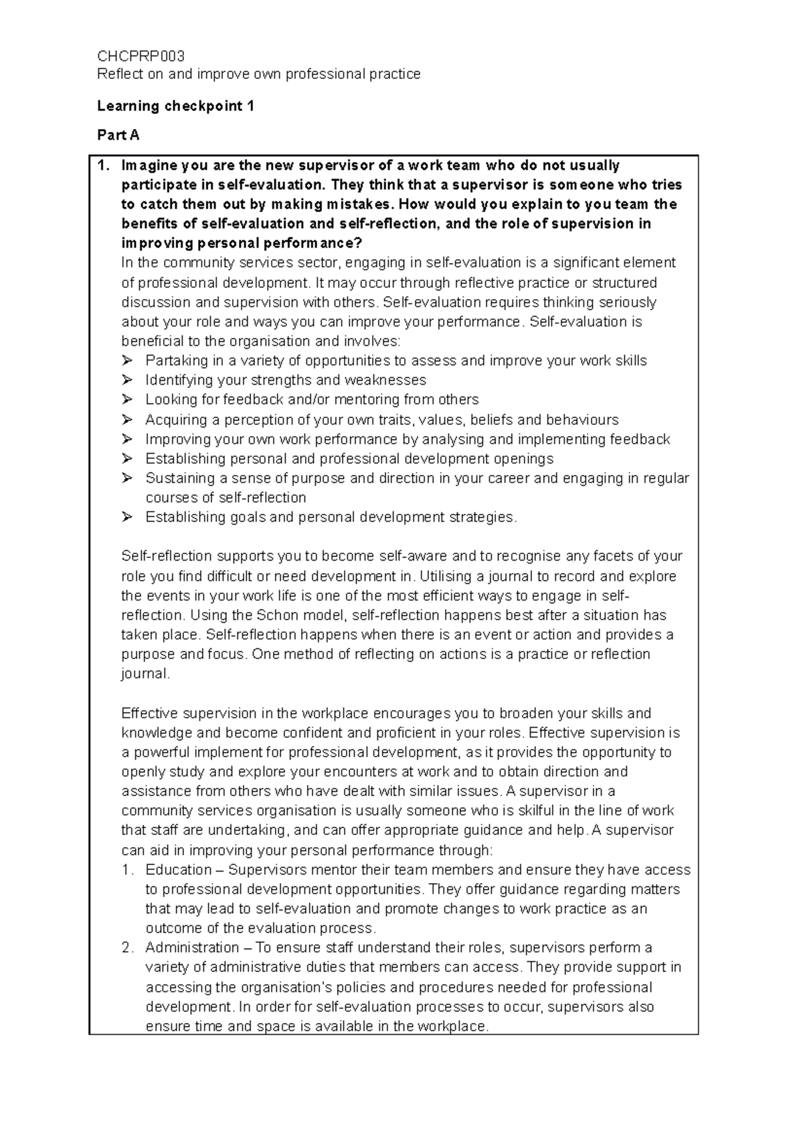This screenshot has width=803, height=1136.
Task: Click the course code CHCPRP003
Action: [x=141, y=56]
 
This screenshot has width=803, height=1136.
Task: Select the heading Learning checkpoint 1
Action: [x=175, y=106]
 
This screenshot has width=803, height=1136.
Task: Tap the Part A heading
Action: [x=118, y=135]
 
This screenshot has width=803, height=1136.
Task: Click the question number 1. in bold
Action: [x=102, y=165]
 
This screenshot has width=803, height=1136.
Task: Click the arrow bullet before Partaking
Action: [x=127, y=361]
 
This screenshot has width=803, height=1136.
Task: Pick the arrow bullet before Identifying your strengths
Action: [x=127, y=380]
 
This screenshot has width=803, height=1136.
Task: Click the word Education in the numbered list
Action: [x=179, y=870]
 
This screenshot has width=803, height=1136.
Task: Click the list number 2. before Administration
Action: [x=128, y=947]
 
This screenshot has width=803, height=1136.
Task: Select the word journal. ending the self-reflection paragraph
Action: [x=146, y=674]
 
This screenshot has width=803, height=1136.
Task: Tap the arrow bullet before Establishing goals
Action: [x=127, y=517]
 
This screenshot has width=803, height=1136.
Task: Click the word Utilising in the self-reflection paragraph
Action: [x=448, y=576]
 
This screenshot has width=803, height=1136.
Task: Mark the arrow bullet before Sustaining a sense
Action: [x=127, y=478]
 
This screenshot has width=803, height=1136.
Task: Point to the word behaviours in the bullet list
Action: [x=582, y=419]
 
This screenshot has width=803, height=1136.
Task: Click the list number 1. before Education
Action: [x=128, y=870]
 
